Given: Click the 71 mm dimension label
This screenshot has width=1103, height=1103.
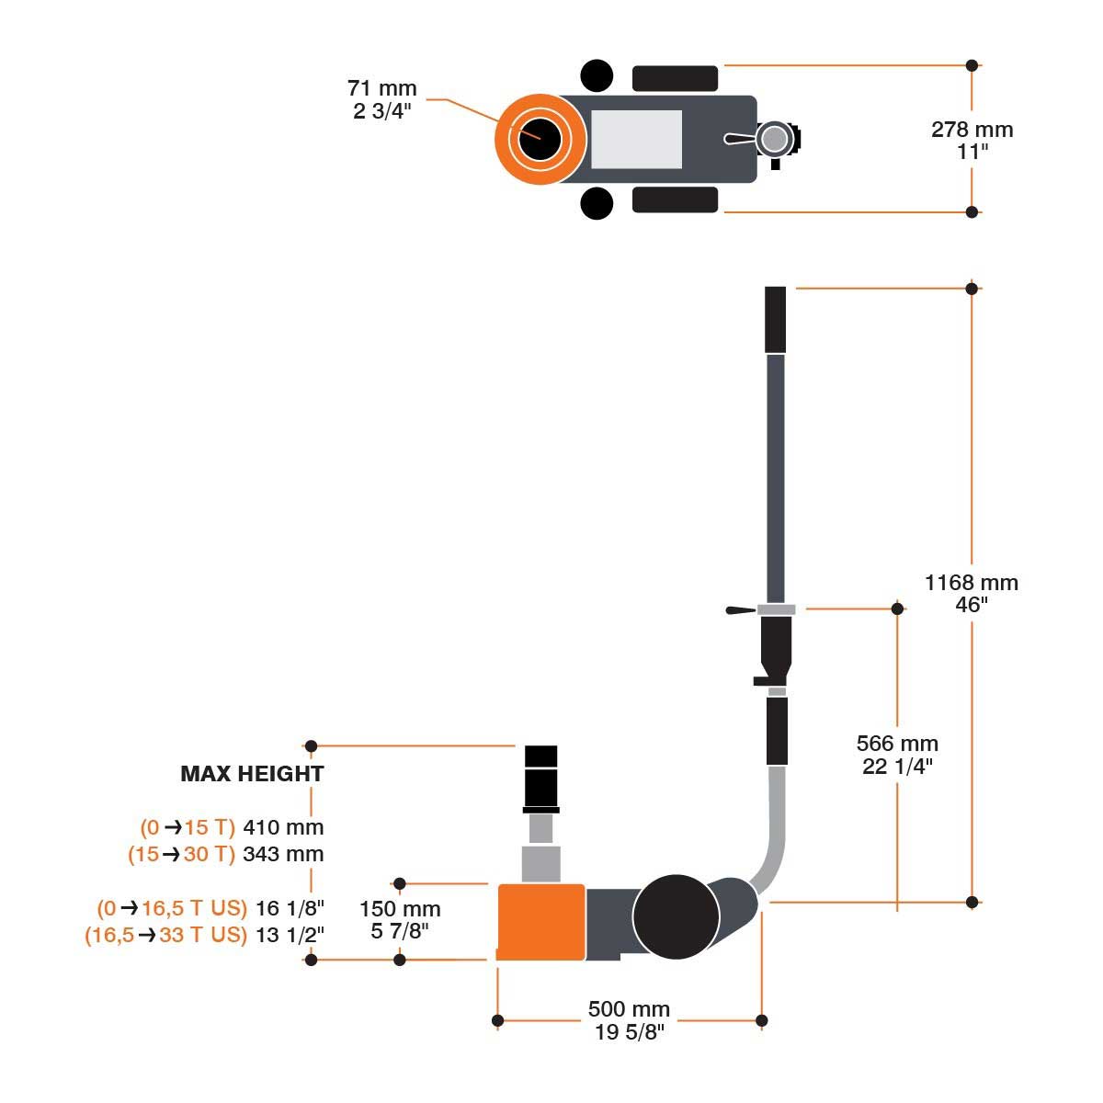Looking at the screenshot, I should tap(381, 89).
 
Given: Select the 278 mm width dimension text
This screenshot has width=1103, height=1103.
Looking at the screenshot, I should tap(972, 130).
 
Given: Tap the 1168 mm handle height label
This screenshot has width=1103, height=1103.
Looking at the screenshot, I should tap(972, 583).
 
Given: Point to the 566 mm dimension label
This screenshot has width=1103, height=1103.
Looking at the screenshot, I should tap(897, 744).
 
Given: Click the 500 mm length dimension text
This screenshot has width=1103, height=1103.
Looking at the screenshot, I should tap(629, 1010).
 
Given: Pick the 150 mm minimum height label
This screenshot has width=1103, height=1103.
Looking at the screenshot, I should tap(400, 910).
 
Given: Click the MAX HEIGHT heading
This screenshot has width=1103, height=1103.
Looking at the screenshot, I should tap(252, 774).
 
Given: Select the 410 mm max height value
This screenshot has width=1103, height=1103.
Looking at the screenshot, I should tap(283, 827).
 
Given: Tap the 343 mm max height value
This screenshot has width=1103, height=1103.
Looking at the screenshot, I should tap(283, 854).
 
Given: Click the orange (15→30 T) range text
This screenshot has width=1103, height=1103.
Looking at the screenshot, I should tap(181, 854).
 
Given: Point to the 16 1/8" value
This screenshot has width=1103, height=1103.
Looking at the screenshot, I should tap(290, 909).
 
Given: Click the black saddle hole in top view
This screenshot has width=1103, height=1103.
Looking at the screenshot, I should tap(540, 139).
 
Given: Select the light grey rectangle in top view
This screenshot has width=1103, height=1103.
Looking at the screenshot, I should tap(636, 139).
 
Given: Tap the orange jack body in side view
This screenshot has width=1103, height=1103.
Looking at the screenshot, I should tap(540, 922).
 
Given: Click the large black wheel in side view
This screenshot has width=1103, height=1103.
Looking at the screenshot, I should tap(676, 917).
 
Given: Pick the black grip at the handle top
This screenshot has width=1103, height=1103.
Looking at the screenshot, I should tap(775, 319).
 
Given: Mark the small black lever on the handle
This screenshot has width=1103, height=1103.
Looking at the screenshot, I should tap(740, 609).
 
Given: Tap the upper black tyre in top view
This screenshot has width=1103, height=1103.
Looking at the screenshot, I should tap(675, 78).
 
